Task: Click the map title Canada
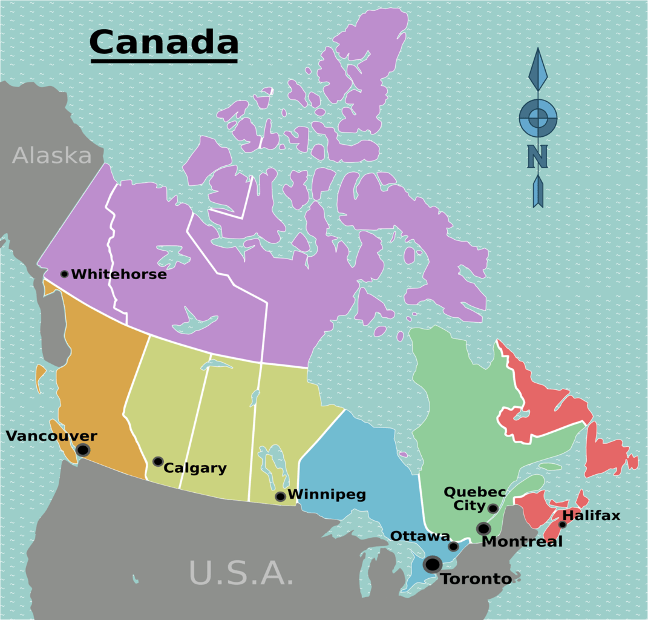pos(163,42)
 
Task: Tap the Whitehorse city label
pos(119,274)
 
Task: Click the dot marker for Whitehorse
pos(64,274)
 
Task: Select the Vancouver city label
pos(51,436)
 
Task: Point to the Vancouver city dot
pos(83,450)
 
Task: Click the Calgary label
pos(195,468)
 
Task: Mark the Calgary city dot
pos(158,461)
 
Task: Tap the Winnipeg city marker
pos(280,496)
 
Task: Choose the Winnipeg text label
pos(327,495)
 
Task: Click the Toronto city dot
pos(433,564)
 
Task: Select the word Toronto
pos(476,579)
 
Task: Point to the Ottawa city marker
pos(453,546)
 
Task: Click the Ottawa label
pos(420,536)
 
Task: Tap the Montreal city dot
pos(483,529)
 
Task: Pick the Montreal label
pos(522,542)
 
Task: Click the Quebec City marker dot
pos(493,508)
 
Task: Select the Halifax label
pos(591,515)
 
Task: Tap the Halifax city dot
pos(562,524)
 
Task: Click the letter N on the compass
pos(537,156)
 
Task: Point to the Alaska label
pos(52,156)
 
